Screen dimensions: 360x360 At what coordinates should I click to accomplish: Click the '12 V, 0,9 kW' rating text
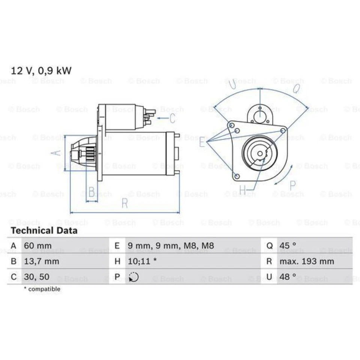41,70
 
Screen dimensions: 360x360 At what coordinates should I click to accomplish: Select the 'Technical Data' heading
44,231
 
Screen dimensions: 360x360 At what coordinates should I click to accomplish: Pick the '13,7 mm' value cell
41,261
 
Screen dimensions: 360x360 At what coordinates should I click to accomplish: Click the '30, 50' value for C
36,277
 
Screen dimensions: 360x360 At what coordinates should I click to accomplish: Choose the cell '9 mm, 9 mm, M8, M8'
171,246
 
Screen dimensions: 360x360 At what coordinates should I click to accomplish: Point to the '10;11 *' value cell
142,261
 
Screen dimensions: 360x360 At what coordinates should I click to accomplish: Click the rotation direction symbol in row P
133,277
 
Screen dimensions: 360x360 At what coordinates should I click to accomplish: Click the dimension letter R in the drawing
124,204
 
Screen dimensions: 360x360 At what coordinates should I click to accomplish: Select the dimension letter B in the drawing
91,192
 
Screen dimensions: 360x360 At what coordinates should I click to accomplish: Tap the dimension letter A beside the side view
55,153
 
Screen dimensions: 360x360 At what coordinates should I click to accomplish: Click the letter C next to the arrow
172,118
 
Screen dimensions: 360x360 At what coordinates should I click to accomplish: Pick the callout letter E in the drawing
202,142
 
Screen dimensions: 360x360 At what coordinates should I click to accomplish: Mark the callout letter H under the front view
243,190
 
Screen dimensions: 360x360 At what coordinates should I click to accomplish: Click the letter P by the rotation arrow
292,185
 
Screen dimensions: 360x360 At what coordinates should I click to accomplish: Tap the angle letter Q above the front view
296,88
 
